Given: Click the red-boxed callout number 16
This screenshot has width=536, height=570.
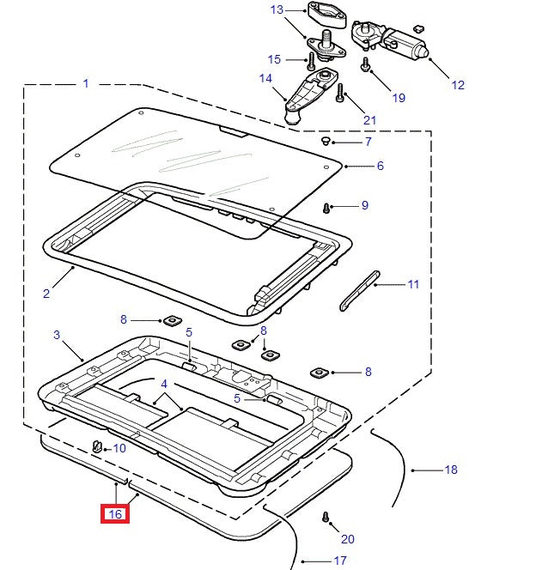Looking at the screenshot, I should click(x=116, y=515).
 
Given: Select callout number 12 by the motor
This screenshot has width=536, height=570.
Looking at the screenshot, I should click(x=457, y=84).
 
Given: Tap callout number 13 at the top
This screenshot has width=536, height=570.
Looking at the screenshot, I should click(x=277, y=9).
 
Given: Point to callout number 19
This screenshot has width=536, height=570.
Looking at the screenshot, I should click(x=399, y=97).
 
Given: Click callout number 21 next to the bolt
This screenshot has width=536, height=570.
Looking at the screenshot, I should click(x=370, y=120).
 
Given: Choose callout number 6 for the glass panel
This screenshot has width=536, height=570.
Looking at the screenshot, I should click(x=381, y=166).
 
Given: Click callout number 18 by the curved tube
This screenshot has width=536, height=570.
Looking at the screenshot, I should click(x=451, y=470).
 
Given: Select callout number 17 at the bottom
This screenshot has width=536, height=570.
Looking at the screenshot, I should click(x=340, y=561).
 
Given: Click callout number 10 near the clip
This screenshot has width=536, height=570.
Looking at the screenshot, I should click(x=119, y=448).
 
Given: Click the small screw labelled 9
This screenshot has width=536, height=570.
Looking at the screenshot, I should click(x=327, y=208).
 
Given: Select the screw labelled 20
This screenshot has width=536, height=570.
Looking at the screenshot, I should click(x=326, y=518).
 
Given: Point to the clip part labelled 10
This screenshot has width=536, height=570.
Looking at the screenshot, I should click(x=96, y=446).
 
